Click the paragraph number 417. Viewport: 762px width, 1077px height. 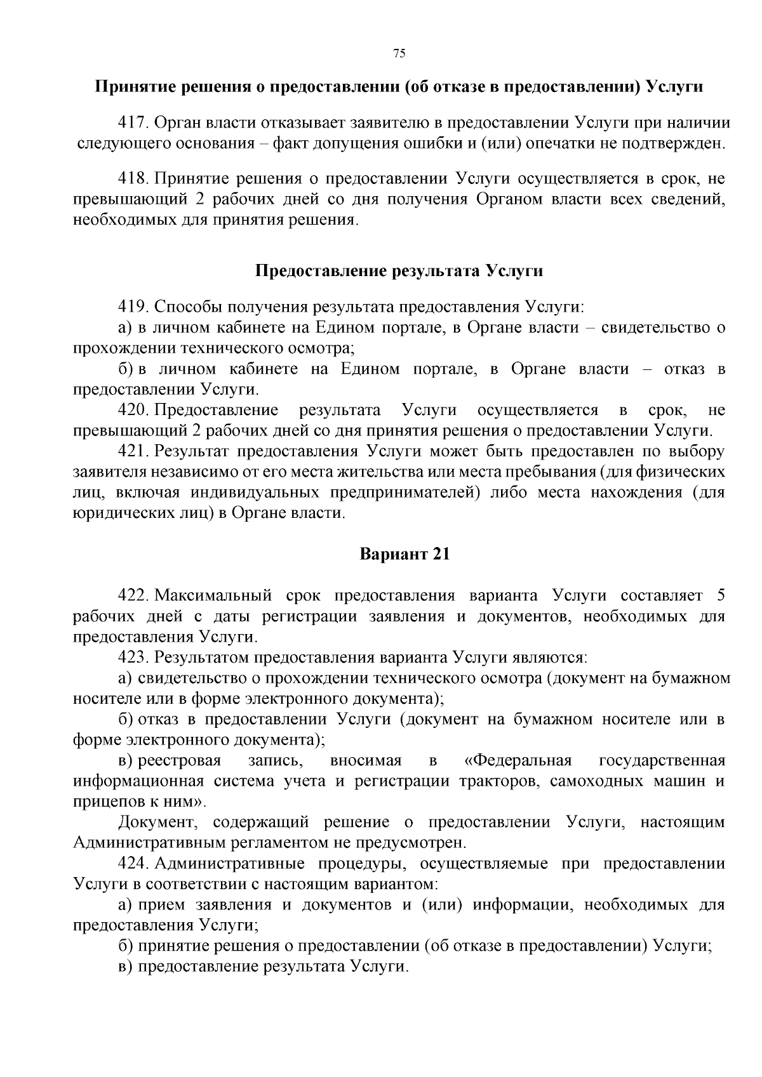coord(133,122)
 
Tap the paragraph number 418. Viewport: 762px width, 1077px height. coord(133,179)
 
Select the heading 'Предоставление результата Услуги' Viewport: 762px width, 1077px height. coord(399,271)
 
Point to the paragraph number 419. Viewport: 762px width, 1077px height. coord(133,307)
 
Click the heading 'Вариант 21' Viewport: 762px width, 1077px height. coord(404,553)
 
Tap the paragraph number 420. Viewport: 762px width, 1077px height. coord(133,410)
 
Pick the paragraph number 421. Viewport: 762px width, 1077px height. coord(133,451)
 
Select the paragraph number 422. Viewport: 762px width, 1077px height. coord(133,595)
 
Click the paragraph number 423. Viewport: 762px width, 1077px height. coord(133,657)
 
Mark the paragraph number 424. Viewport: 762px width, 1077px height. coord(133,863)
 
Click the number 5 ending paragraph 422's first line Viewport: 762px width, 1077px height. coord(720,595)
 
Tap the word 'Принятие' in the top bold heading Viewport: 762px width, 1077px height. coord(131,86)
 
